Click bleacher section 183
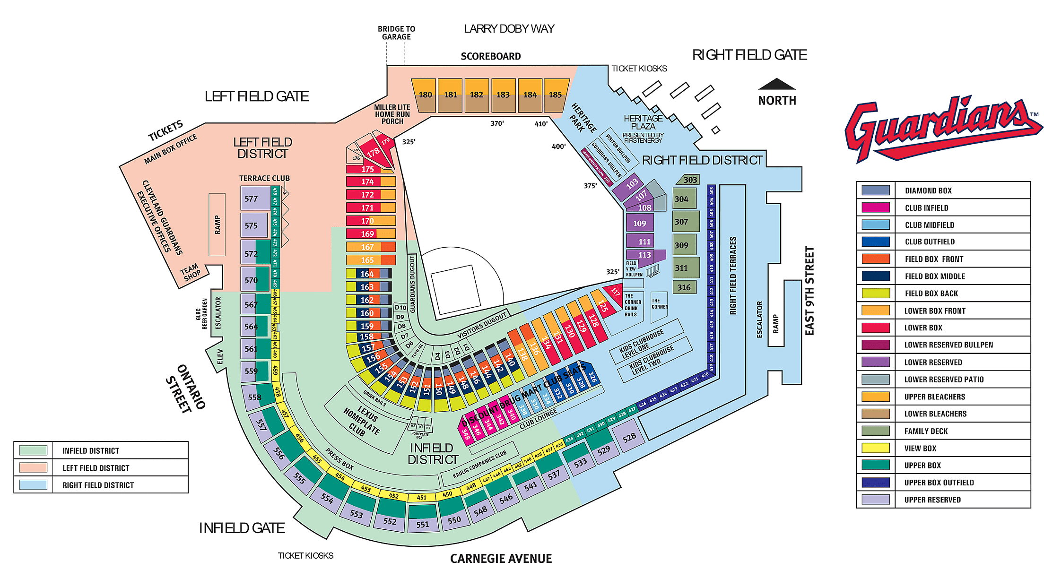tap(503, 95)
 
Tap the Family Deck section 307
tap(684, 222)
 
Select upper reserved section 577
tap(253, 199)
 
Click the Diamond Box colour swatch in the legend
tap(875, 190)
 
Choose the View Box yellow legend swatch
tap(875, 448)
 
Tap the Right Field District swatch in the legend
tap(33, 485)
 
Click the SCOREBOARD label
tap(490, 57)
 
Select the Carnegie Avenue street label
tap(501, 559)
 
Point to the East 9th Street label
tap(809, 291)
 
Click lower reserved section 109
tap(640, 224)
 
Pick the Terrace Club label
tap(264, 178)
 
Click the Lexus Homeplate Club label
tap(362, 421)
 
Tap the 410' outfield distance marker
tap(541, 124)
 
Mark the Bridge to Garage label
tap(396, 33)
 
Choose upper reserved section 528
tap(629, 438)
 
